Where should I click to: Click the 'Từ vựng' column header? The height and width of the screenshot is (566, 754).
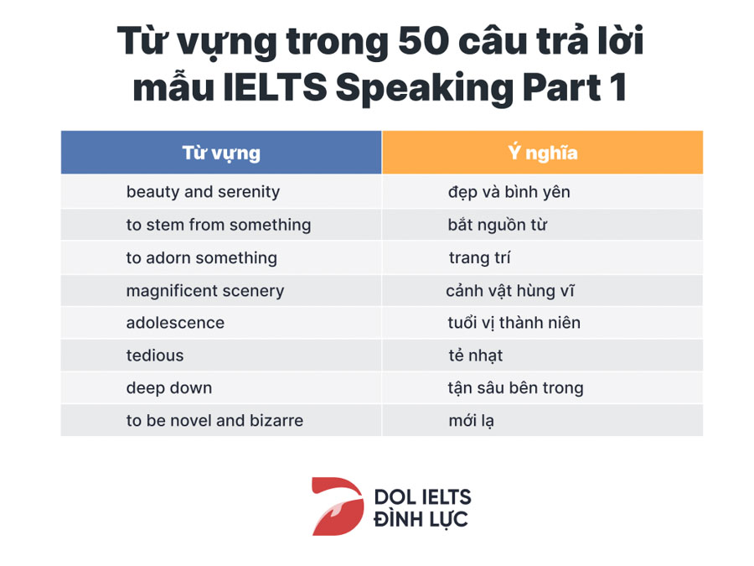click(x=221, y=153)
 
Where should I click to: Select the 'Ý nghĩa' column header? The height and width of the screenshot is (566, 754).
click(x=542, y=153)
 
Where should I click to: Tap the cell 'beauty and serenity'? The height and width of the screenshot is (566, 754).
click(x=203, y=192)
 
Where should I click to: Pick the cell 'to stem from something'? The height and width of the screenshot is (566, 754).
click(x=219, y=225)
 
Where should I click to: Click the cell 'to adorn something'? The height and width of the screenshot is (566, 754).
click(x=201, y=258)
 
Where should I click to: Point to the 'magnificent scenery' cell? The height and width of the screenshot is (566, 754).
click(x=205, y=291)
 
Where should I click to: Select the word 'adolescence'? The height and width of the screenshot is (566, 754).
click(x=175, y=323)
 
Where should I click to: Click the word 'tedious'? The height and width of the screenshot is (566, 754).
click(x=155, y=356)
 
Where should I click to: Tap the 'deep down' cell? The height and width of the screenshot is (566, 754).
click(x=168, y=388)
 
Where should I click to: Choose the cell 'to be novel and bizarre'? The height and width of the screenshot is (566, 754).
click(x=214, y=420)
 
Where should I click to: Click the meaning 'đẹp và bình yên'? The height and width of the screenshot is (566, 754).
click(x=509, y=192)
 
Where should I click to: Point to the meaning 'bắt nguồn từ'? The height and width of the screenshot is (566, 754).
click(x=497, y=225)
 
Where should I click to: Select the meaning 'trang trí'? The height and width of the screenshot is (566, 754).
click(x=479, y=258)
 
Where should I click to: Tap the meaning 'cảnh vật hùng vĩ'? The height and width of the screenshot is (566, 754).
click(x=509, y=291)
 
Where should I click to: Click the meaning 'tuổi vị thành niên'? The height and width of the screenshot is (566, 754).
click(x=514, y=323)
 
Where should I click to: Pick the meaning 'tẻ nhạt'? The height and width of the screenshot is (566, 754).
click(x=475, y=356)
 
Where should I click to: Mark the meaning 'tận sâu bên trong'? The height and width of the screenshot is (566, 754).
click(x=515, y=388)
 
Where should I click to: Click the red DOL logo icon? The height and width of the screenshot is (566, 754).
click(x=338, y=506)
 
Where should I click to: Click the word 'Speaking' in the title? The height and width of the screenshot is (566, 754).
click(x=424, y=89)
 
